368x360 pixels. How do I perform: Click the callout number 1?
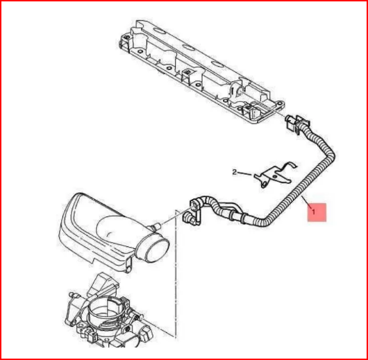[314, 212]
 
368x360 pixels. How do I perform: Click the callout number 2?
[235, 173]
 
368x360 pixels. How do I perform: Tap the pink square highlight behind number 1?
[317, 212]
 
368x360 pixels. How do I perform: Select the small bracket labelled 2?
[274, 175]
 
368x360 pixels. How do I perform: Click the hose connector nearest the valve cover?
[297, 123]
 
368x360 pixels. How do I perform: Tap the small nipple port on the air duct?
[156, 227]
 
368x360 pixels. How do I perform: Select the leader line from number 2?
[246, 174]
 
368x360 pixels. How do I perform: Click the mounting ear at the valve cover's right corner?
[279, 103]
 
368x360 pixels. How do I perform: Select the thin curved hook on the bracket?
[290, 165]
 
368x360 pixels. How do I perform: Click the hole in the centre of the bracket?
[274, 176]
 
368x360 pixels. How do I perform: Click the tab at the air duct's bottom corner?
[128, 266]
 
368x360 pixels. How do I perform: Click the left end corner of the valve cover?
[123, 42]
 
